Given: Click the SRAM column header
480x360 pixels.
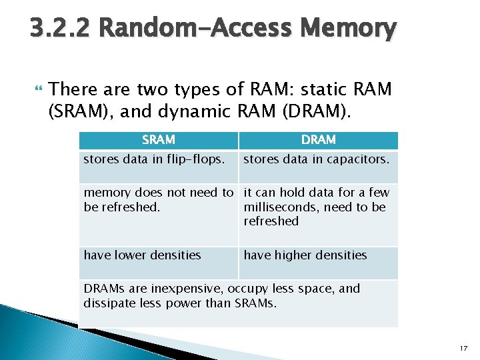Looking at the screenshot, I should click(159, 140).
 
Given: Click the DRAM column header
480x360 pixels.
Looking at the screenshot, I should click(318, 140).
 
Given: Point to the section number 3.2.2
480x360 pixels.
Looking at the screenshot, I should click(60, 29).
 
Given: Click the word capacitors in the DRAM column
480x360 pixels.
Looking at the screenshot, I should click(356, 159).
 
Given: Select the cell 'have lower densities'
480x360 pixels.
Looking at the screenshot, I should click(143, 255).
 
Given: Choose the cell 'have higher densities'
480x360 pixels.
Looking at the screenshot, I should click(305, 255).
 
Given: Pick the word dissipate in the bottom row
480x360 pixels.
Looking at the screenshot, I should click(109, 303).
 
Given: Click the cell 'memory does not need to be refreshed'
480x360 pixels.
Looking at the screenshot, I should click(159, 200).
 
